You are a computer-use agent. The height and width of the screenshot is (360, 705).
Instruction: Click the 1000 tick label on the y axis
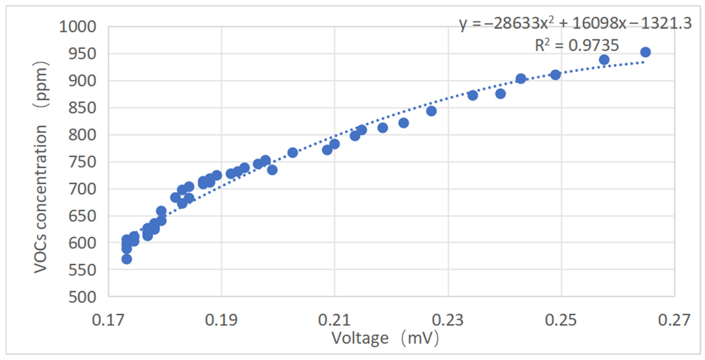point(78,27)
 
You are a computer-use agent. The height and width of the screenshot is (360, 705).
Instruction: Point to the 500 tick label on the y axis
point(82,297)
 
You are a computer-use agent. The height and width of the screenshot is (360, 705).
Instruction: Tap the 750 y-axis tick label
point(82,162)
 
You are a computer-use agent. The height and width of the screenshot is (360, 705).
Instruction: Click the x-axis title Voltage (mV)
point(385,338)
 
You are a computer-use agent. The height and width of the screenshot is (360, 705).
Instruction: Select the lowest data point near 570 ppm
point(127,259)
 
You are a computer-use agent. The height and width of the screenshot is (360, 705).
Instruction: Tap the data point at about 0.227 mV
point(431,111)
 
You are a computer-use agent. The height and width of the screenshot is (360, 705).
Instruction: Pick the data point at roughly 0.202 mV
point(293,153)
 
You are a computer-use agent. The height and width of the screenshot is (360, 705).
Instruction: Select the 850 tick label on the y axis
point(82,108)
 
